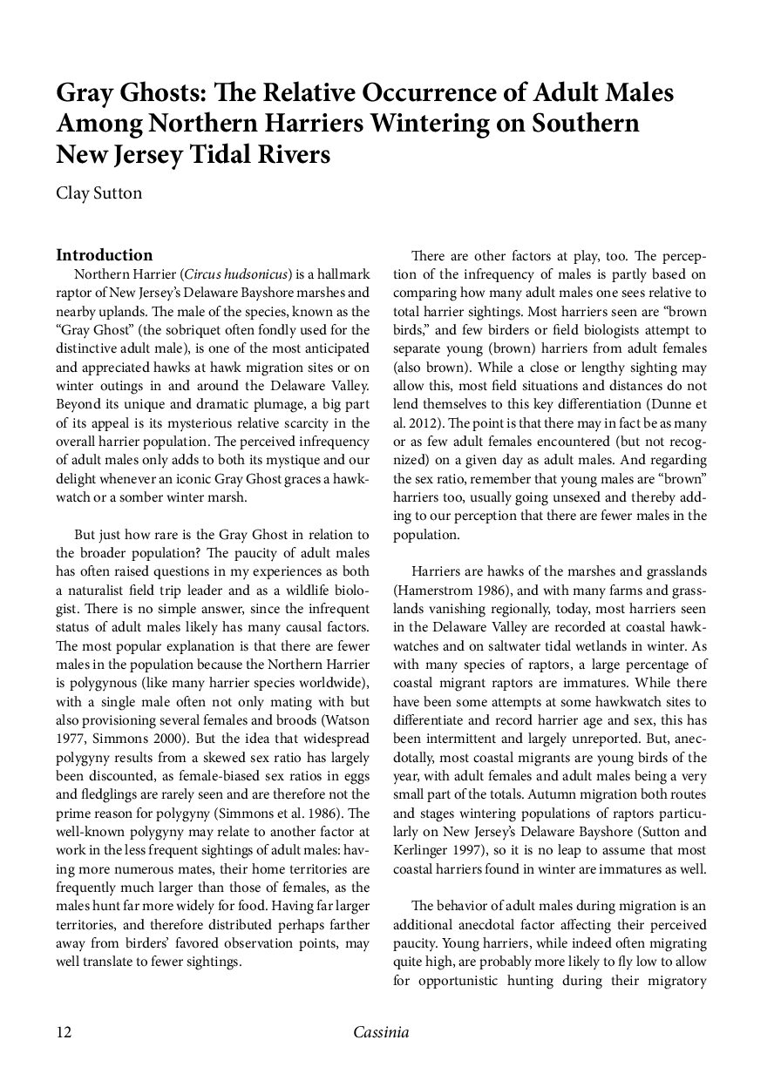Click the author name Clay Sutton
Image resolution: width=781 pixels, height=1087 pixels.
[98, 193]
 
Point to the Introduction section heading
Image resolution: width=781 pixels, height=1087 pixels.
[105, 255]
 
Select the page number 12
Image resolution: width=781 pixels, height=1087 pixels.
[64, 1033]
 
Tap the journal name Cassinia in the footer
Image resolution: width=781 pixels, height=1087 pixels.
[381, 1033]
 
